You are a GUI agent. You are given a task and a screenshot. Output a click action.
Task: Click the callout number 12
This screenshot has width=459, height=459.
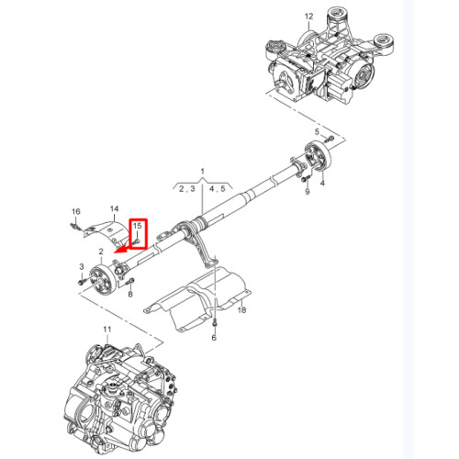tap(309, 17)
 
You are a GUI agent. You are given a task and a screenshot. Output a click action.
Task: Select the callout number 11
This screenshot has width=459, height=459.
tap(107, 330)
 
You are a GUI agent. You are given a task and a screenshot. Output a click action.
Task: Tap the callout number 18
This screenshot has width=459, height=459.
tap(241, 310)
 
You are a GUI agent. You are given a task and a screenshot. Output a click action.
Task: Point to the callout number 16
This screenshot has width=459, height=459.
tap(76, 211)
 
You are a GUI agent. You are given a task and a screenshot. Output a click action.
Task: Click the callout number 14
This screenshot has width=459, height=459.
tap(114, 208)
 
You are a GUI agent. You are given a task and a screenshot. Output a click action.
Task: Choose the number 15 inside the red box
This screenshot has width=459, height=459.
tap(138, 226)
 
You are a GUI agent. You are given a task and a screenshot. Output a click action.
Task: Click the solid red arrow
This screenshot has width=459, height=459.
tap(125, 249)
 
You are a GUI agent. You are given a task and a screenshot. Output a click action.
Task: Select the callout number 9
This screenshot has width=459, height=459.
tap(308, 192)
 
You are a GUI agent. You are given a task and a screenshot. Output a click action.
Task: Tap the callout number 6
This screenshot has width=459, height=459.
tap(214, 338)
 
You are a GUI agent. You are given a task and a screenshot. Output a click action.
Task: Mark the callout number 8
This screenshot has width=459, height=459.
tap(130, 295)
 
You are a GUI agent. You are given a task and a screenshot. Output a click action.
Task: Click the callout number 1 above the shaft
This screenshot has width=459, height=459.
tap(202, 172)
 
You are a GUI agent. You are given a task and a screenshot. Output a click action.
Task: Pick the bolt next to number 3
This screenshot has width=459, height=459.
tap(82, 282)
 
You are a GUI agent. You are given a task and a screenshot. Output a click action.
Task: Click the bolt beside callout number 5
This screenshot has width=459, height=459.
tap(329, 139)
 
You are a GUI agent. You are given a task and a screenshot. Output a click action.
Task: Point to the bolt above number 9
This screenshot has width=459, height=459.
tap(306, 178)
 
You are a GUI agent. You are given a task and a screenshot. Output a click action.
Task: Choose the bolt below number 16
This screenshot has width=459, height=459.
tap(74, 227)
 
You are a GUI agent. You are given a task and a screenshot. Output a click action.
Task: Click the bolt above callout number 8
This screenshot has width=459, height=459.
tap(131, 280)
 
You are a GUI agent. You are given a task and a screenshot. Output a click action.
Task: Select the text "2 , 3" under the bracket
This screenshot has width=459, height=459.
tap(186, 189)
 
